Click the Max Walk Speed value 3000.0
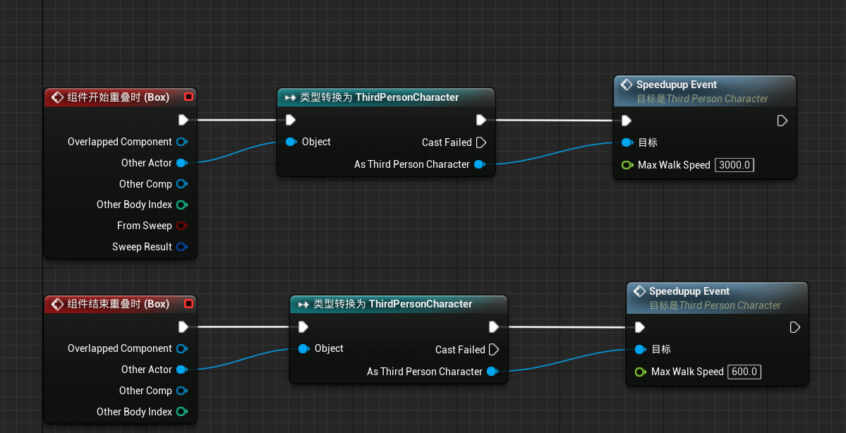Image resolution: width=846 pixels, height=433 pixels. click(735, 165)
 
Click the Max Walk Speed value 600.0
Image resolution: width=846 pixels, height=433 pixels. click(744, 372)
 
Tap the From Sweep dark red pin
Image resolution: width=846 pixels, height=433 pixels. click(181, 226)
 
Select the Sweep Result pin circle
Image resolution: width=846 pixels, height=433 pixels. click(181, 247)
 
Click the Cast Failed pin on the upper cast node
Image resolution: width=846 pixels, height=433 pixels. click(481, 142)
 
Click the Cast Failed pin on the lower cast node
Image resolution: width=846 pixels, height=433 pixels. click(494, 350)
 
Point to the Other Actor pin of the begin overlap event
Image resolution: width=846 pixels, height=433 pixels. click(181, 163)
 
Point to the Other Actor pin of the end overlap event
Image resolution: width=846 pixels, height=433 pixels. click(181, 370)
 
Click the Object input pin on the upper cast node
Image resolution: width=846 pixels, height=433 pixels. click(291, 142)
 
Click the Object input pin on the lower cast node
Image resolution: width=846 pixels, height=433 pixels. click(303, 348)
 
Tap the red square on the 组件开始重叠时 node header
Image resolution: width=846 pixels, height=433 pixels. click(188, 97)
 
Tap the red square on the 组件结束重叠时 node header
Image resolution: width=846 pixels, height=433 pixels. click(188, 304)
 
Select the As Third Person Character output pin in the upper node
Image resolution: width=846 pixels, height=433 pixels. click(479, 164)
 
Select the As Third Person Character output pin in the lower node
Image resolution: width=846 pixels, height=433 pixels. click(492, 372)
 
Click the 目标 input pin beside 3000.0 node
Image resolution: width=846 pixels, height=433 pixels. click(627, 142)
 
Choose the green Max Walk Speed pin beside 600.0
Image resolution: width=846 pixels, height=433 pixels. click(640, 372)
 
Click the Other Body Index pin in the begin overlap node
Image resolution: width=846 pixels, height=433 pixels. click(181, 205)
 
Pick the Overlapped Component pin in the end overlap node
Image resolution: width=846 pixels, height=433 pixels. click(181, 348)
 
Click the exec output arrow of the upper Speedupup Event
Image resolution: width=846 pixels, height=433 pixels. click(782, 121)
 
